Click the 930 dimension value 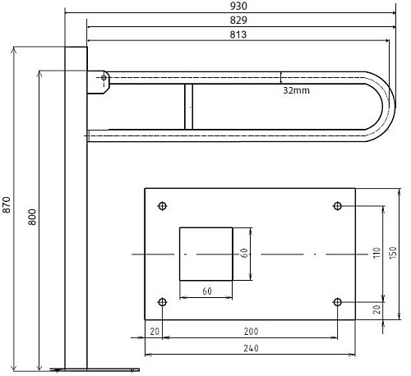pyautogui.click(x=238, y=6)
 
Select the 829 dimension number pyautogui.click(x=238, y=20)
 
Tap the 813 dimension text pyautogui.click(x=238, y=34)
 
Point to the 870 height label pyautogui.click(x=6, y=204)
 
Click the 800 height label pyautogui.click(x=32, y=217)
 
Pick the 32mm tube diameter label pyautogui.click(x=296, y=90)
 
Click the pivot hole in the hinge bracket pyautogui.click(x=104, y=78)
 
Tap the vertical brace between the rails pyautogui.click(x=188, y=107)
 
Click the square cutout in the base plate pyautogui.click(x=206, y=254)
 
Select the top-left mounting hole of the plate pyautogui.click(x=162, y=206)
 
